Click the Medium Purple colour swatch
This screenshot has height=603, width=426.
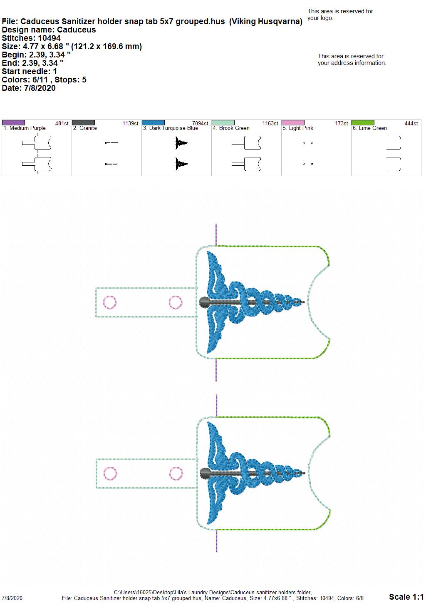click(13, 122)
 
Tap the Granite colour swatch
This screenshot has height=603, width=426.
click(83, 122)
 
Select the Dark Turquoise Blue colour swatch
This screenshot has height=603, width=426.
click(153, 122)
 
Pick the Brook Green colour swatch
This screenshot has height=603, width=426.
click(223, 122)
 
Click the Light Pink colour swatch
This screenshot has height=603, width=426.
click(293, 122)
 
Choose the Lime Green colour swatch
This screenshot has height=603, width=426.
click(363, 122)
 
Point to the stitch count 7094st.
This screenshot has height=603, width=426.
click(201, 123)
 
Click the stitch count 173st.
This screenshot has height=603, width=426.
click(342, 123)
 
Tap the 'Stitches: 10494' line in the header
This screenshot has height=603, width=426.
click(31, 38)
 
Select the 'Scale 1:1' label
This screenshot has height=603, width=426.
click(406, 596)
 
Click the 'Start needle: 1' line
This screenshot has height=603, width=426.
click(29, 71)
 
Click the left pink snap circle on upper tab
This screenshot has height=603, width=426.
click(110, 296)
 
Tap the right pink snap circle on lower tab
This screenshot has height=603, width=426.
click(176, 467)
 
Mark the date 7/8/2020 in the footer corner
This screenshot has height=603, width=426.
click(12, 598)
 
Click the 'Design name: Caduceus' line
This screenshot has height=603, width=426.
click(49, 30)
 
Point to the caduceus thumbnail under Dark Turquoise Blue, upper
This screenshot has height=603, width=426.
click(181, 143)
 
